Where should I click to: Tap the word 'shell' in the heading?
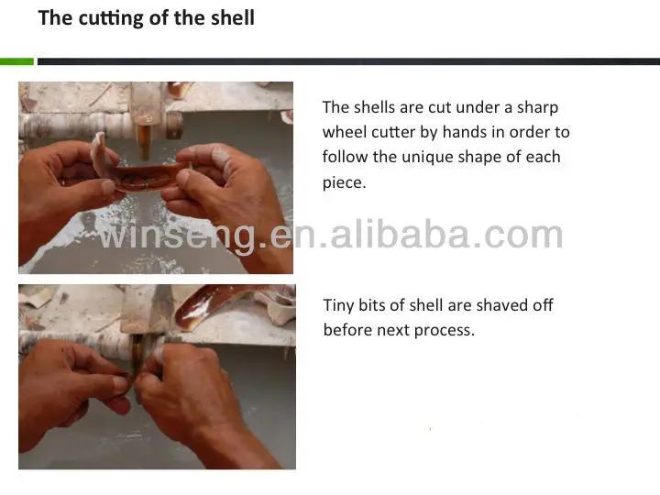[233, 17]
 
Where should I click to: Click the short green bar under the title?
[16, 61]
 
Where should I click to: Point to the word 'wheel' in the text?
[342, 132]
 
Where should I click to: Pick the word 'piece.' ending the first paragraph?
[345, 183]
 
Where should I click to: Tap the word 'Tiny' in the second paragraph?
[338, 305]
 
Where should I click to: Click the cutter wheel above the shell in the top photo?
[145, 141]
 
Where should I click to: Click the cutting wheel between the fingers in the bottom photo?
[137, 366]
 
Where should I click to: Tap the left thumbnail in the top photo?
[108, 185]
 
